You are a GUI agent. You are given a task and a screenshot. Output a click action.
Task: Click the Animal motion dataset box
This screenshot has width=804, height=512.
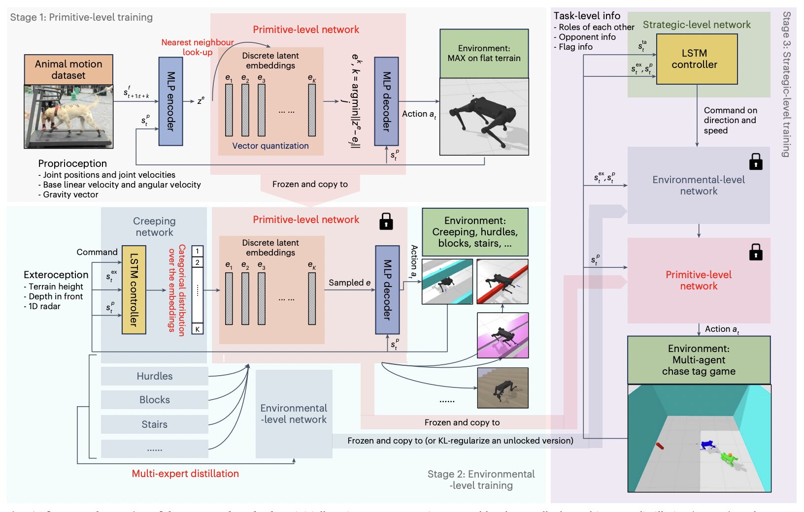(x=68, y=69)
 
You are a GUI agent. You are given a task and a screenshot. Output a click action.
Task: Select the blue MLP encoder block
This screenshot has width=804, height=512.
(x=170, y=101)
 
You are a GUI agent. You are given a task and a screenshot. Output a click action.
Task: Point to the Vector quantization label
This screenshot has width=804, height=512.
(x=270, y=146)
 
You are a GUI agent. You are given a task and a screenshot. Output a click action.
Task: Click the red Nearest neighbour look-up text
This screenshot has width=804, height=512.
(x=197, y=47)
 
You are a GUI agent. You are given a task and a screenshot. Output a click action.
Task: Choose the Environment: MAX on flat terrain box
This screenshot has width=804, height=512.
(x=484, y=53)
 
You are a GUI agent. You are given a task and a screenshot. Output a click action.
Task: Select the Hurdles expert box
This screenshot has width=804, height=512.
(x=154, y=376)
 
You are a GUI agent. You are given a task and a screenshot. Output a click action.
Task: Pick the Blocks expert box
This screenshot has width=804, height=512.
(x=154, y=400)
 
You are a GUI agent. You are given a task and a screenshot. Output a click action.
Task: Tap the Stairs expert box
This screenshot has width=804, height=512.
(x=154, y=424)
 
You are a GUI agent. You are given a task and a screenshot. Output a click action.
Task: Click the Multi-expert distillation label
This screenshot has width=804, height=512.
(x=185, y=474)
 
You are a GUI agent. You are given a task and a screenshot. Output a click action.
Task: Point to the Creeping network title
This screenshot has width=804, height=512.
(x=154, y=226)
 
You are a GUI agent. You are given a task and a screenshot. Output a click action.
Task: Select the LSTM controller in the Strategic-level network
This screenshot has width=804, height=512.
(x=697, y=59)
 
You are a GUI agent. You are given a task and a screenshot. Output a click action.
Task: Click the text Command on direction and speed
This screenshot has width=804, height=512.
(x=730, y=120)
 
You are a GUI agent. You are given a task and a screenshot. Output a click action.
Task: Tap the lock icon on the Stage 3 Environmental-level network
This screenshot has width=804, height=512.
(x=755, y=161)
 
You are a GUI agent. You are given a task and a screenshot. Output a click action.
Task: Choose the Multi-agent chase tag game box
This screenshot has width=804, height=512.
(x=699, y=360)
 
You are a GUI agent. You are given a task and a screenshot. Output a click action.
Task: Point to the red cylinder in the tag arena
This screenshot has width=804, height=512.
(x=660, y=446)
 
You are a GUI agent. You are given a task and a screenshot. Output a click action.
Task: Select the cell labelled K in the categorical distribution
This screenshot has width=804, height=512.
(x=198, y=329)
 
